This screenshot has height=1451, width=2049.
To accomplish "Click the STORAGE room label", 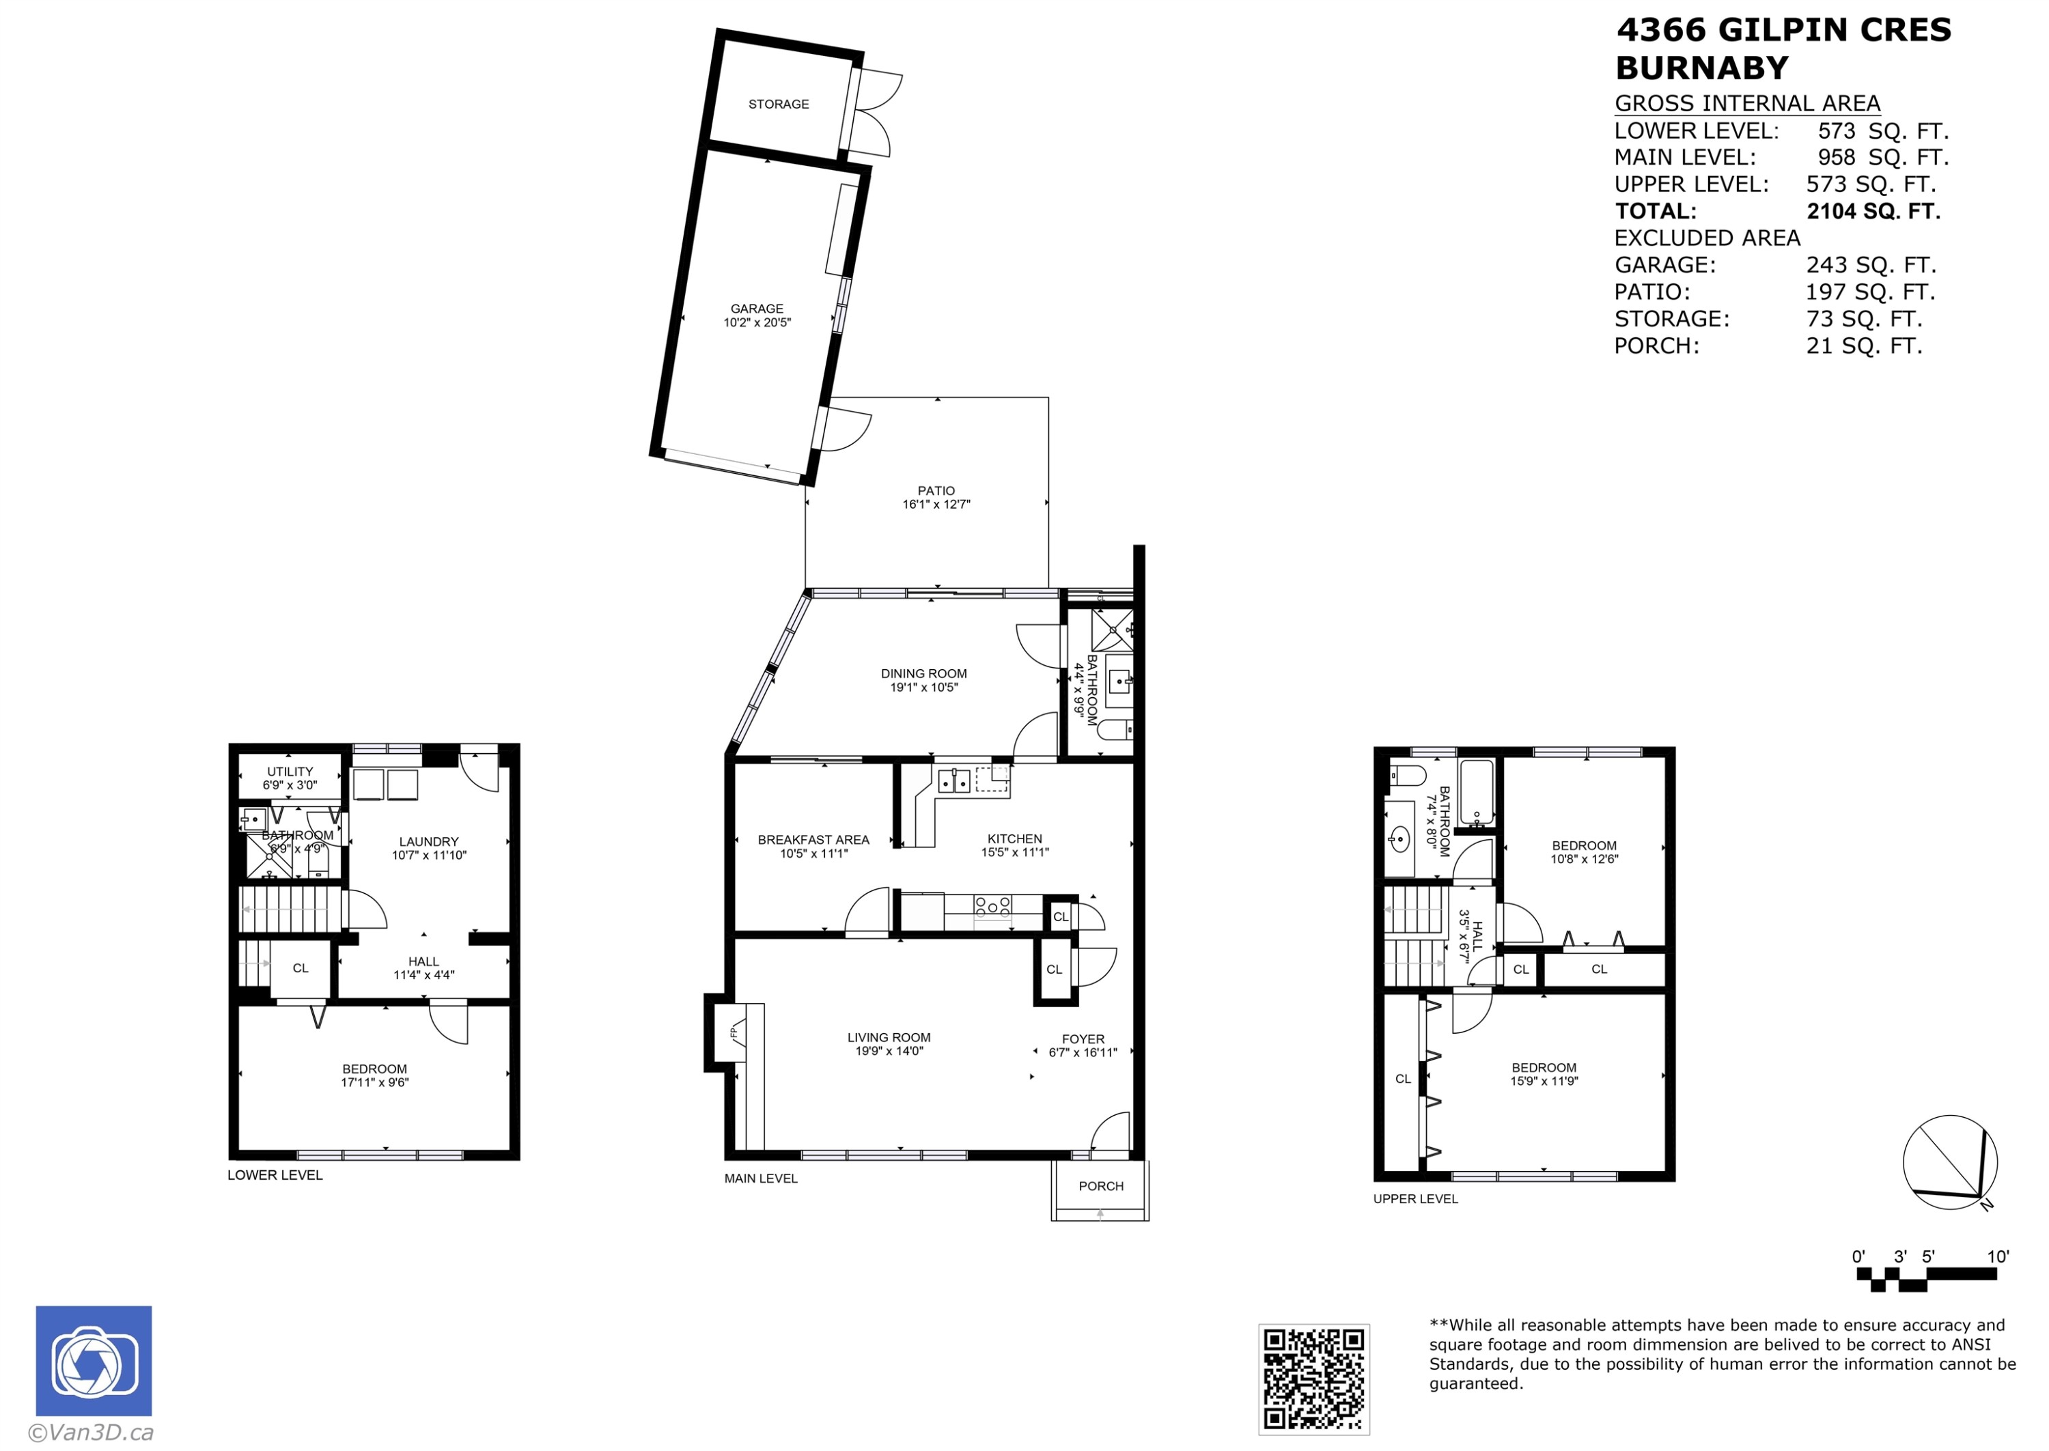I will [x=779, y=104].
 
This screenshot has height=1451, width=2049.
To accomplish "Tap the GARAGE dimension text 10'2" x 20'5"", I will [x=757, y=322].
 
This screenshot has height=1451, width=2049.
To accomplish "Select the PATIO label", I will [x=936, y=490].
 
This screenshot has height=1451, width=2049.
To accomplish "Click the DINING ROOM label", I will [x=923, y=674].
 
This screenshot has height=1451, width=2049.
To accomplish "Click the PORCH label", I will [x=1100, y=1185].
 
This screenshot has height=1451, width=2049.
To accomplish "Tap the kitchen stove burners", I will [x=992, y=907].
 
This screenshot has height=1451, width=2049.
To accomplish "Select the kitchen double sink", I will [x=954, y=781].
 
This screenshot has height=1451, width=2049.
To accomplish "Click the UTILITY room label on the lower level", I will [x=290, y=771].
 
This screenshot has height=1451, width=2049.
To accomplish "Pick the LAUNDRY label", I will [x=428, y=842].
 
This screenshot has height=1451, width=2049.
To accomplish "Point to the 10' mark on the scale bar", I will [x=1997, y=1257].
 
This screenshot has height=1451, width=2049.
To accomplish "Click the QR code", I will [x=1313, y=1379].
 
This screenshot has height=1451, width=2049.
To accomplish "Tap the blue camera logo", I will [x=93, y=1361].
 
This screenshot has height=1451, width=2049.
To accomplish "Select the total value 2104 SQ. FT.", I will [x=1873, y=212].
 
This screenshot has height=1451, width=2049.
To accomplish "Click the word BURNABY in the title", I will [x=1701, y=68].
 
